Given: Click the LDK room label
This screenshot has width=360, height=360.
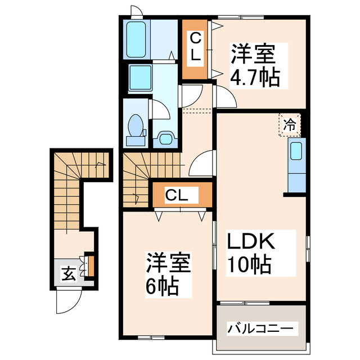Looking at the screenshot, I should point(250,242).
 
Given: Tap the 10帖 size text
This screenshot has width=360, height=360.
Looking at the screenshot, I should point(250,263).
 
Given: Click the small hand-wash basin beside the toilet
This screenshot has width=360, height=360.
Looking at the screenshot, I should point(165,137).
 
